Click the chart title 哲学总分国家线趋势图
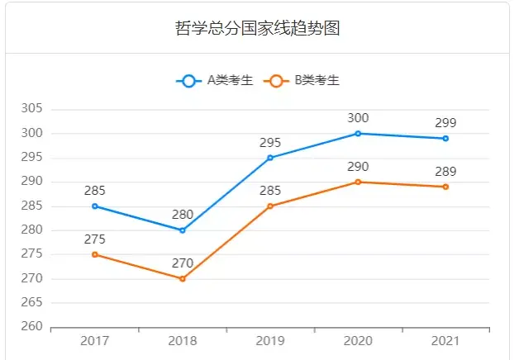259,28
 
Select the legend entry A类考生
214,80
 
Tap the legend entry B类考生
301,80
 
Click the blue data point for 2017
95,206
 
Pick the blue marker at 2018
183,230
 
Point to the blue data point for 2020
358,134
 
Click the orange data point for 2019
270,206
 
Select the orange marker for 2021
445,187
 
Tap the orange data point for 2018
183,279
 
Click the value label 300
358,118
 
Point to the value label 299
445,123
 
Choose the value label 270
183,263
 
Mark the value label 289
445,172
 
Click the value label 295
270,142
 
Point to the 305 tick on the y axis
33,109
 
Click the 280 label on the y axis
33,230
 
